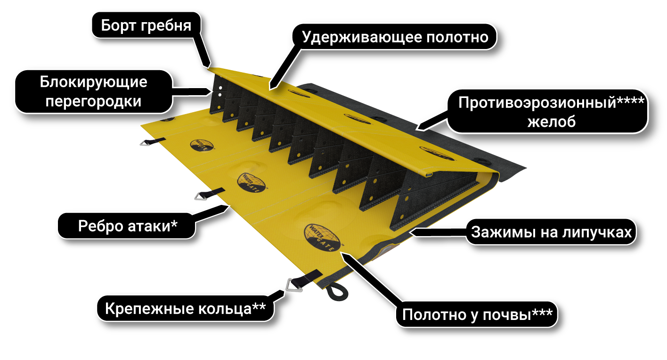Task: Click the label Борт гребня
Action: (x=146, y=25)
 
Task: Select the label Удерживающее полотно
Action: (x=395, y=37)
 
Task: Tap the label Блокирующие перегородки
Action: (x=93, y=91)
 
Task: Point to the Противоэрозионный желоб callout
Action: (x=547, y=111)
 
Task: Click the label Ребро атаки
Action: (x=128, y=226)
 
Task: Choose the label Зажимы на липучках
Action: (x=552, y=232)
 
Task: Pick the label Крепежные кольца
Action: (x=185, y=309)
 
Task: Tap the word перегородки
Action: (x=93, y=101)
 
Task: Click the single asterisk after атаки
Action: (x=174, y=224)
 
